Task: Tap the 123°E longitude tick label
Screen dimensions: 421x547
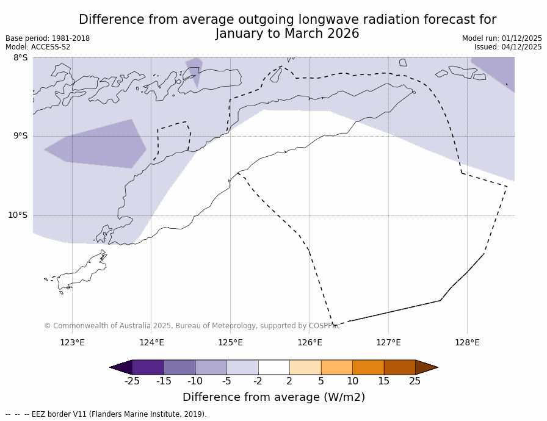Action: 72,342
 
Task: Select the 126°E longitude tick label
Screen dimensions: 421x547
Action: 310,342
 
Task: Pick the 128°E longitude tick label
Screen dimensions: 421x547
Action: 467,342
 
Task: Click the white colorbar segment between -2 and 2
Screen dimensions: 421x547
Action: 273,367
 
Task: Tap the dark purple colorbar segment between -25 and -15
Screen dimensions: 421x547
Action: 148,367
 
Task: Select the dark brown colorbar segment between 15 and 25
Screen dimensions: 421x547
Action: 399,367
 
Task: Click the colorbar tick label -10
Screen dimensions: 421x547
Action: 195,381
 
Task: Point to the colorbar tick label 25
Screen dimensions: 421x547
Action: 415,381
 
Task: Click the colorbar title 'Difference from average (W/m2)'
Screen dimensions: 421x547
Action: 273,397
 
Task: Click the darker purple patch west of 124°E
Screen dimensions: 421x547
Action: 98,145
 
